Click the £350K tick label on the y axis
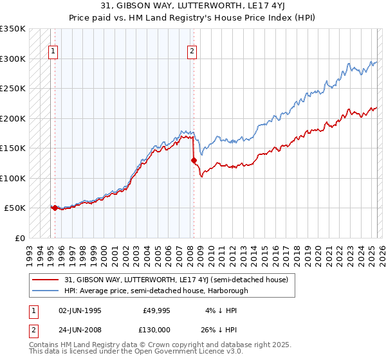(x=13, y=29)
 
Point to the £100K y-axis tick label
(x=13, y=178)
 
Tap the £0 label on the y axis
(x=20, y=238)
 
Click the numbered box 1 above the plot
(x=53, y=53)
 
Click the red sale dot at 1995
(x=55, y=208)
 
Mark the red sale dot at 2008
(x=193, y=160)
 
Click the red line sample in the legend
(x=46, y=280)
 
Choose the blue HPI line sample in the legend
(x=46, y=291)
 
